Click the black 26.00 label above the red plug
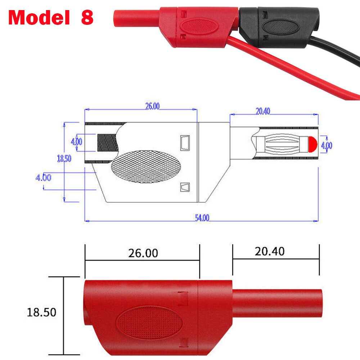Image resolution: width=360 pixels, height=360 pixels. tap(143, 253)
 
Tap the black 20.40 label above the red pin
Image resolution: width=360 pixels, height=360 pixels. tap(269, 251)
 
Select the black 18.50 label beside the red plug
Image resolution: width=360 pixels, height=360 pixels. tap(42, 312)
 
